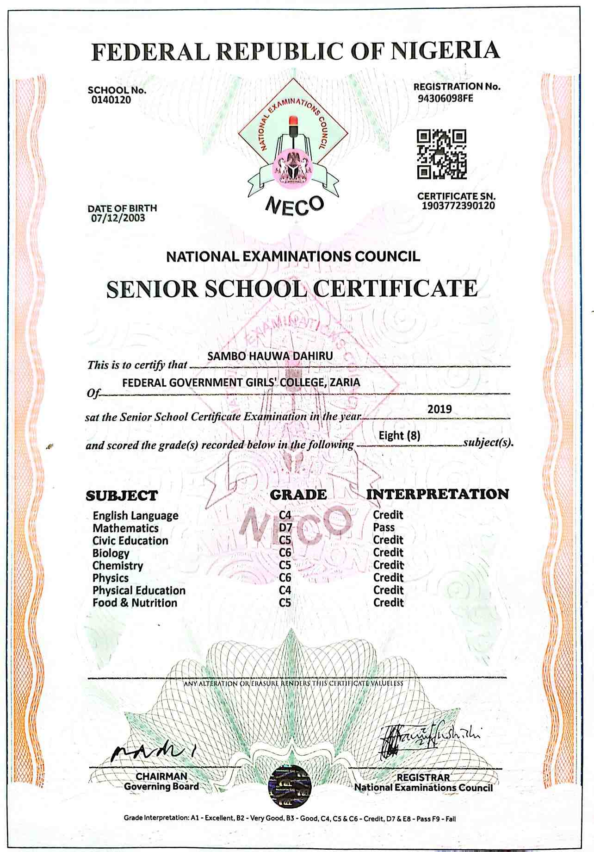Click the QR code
(442, 154)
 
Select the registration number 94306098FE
(445, 99)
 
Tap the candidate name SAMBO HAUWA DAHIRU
(270, 356)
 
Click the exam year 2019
(439, 409)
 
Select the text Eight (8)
(399, 436)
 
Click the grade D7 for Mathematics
(285, 527)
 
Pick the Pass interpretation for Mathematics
(384, 527)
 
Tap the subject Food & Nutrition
(135, 603)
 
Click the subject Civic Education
(130, 541)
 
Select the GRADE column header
(298, 495)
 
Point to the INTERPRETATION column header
(437, 494)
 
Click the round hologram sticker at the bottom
(290, 784)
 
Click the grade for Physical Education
(285, 590)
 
